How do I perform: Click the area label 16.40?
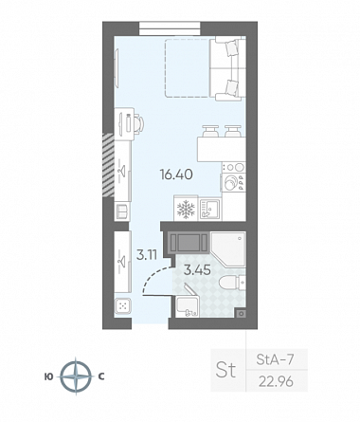(176, 174)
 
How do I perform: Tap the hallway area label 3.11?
(147, 254)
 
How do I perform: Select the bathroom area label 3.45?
(197, 270)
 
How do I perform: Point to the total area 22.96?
(276, 382)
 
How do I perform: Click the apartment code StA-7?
(275, 359)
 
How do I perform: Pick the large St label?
(225, 370)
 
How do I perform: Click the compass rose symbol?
(76, 376)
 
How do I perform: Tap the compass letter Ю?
(48, 376)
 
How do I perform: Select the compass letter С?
(101, 376)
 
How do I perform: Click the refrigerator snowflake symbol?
(186, 210)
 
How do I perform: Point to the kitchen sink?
(210, 210)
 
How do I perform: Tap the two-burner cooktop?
(234, 167)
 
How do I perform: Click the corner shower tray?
(228, 249)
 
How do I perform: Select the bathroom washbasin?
(188, 307)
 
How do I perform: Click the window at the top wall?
(170, 28)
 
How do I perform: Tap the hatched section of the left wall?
(108, 165)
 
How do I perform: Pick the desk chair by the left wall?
(139, 124)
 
